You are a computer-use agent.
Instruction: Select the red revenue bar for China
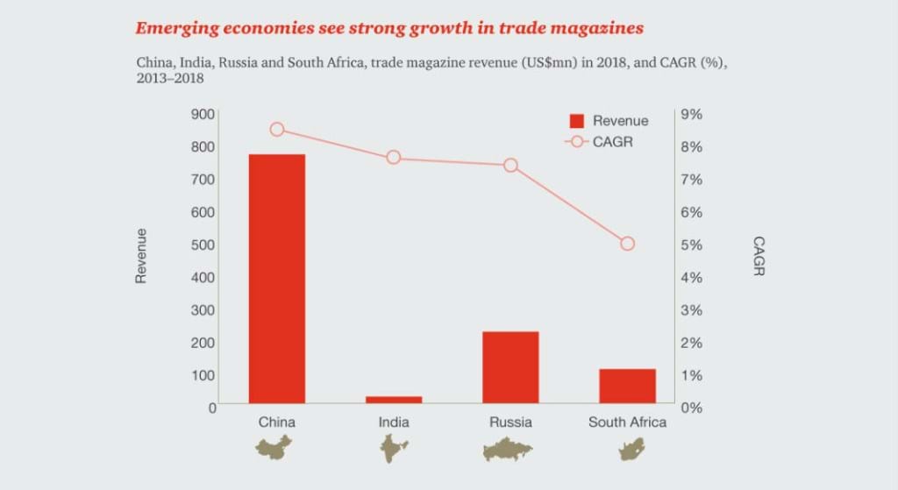pyautogui.click(x=277, y=279)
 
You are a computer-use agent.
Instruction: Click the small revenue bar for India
pyautogui.click(x=394, y=400)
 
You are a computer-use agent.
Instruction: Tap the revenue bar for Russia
pyautogui.click(x=510, y=367)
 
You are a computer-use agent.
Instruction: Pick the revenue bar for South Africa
pyautogui.click(x=627, y=386)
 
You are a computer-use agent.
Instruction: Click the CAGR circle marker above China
pyautogui.click(x=277, y=129)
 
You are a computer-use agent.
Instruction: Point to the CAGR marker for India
pyautogui.click(x=394, y=158)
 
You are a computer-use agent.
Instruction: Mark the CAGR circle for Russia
pyautogui.click(x=510, y=165)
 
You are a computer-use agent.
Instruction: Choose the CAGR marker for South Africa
pyautogui.click(x=627, y=244)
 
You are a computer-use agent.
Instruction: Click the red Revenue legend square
pyautogui.click(x=577, y=121)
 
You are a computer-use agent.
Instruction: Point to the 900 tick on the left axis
pyautogui.click(x=203, y=114)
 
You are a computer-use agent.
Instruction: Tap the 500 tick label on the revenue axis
pyautogui.click(x=203, y=245)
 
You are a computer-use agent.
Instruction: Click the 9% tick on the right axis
pyautogui.click(x=693, y=114)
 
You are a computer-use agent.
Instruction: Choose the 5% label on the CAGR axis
pyautogui.click(x=693, y=245)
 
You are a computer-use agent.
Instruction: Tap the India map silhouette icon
pyautogui.click(x=394, y=449)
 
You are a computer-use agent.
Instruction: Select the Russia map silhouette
pyautogui.click(x=510, y=450)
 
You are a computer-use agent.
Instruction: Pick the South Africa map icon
pyautogui.click(x=627, y=450)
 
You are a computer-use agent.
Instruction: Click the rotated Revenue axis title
pyautogui.click(x=141, y=255)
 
